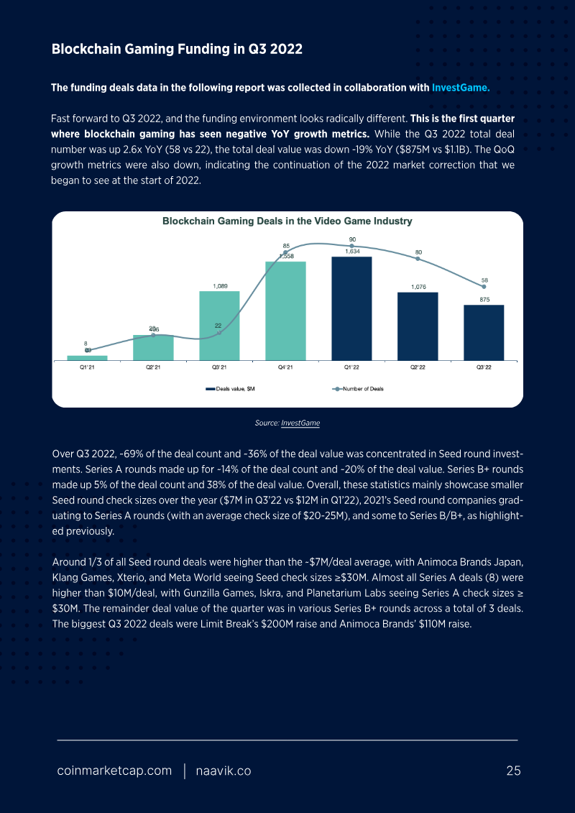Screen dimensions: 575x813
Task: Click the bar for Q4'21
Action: pyautogui.click(x=285, y=310)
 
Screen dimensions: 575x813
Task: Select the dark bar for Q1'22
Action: pyautogui.click(x=351, y=308)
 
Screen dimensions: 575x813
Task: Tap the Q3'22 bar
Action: pyautogui.click(x=484, y=332)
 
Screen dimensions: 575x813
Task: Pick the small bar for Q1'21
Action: pyautogui.click(x=87, y=357)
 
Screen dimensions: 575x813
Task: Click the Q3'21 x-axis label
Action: pyautogui.click(x=219, y=367)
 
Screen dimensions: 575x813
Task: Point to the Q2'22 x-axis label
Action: pyautogui.click(x=418, y=367)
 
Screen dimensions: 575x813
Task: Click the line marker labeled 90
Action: pyautogui.click(x=352, y=246)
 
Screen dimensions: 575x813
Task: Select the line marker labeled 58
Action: pyautogui.click(x=484, y=286)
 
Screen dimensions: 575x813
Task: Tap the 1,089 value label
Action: pyautogui.click(x=219, y=285)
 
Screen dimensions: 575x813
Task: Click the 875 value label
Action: pyautogui.click(x=484, y=300)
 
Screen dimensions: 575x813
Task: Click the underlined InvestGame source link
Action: pyautogui.click(x=300, y=423)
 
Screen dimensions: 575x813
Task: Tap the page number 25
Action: pyautogui.click(x=513, y=771)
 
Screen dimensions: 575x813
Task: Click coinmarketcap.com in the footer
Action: pyautogui.click(x=114, y=771)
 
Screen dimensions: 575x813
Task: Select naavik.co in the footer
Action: pyautogui.click(x=224, y=771)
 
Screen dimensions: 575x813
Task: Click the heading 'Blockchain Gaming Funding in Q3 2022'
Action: pyautogui.click(x=177, y=50)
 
